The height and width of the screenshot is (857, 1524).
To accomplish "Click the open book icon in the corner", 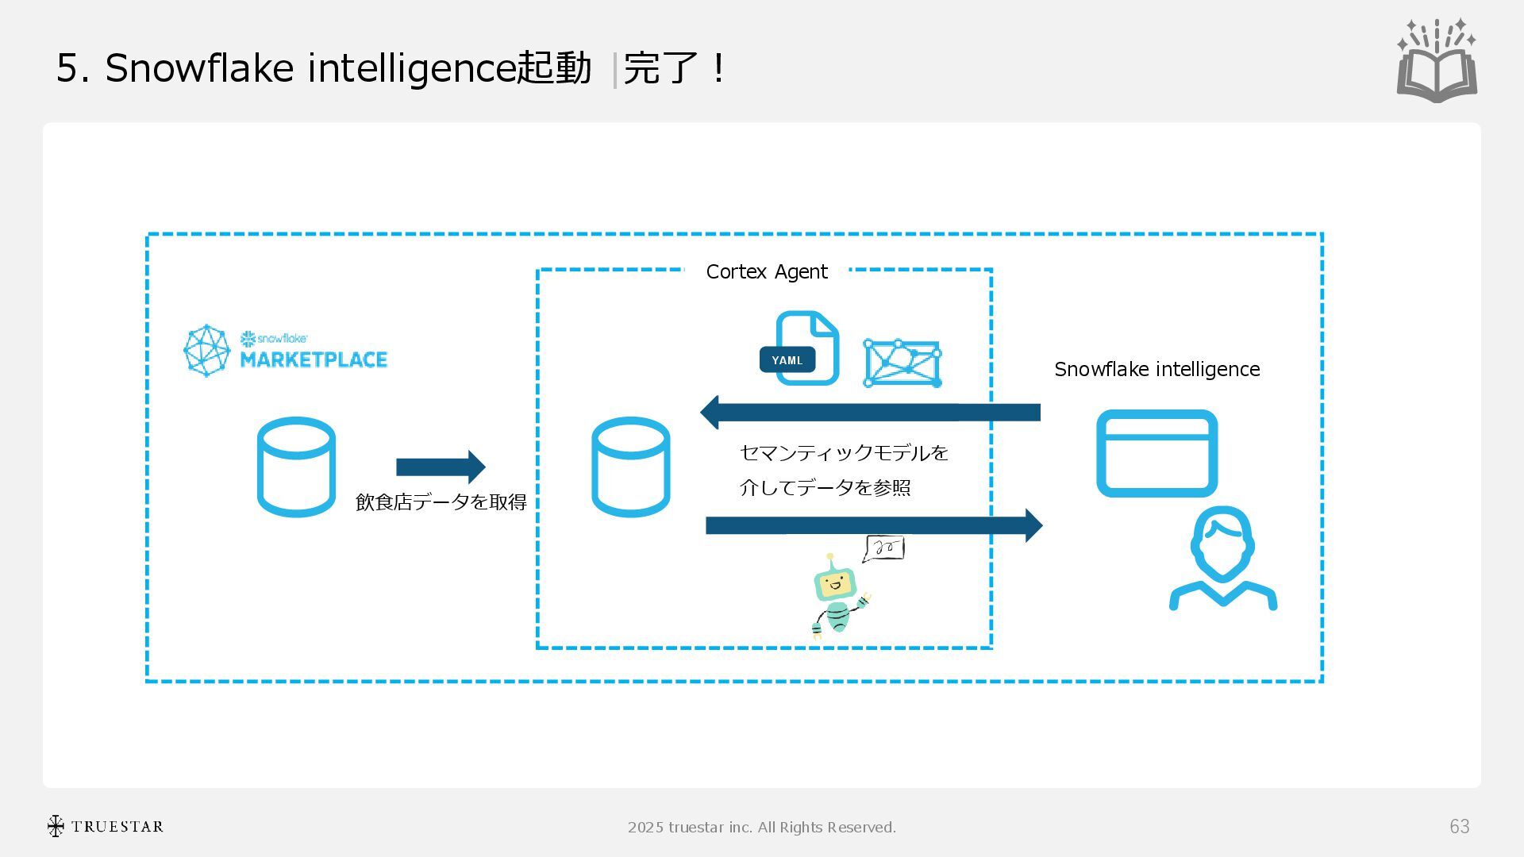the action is [x=1437, y=62].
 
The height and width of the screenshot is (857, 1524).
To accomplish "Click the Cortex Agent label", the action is [x=766, y=272].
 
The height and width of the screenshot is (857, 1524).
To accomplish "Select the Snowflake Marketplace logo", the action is [x=286, y=350].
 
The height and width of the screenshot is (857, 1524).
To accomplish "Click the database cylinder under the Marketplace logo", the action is [x=296, y=467].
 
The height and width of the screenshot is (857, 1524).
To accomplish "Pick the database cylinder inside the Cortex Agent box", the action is [x=631, y=467].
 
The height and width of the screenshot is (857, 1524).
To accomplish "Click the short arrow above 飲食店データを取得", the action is [x=441, y=467].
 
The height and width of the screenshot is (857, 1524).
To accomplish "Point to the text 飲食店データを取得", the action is [x=441, y=502].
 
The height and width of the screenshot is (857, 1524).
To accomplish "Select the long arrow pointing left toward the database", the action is [x=870, y=412].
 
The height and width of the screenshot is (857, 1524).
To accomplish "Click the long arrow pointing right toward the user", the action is [x=873, y=525].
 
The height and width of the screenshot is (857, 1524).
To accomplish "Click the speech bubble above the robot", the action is [x=883, y=548].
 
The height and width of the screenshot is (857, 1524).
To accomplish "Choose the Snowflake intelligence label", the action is [x=1156, y=370].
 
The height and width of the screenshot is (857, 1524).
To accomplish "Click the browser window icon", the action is [x=1156, y=453].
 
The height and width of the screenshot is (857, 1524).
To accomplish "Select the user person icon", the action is [x=1222, y=559].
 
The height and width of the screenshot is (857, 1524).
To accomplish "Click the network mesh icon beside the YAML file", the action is [x=902, y=363].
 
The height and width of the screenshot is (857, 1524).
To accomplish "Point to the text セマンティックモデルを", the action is [x=844, y=453].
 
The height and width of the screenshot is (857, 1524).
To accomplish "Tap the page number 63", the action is [x=1459, y=827].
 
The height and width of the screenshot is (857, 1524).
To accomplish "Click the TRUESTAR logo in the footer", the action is [x=105, y=827].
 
